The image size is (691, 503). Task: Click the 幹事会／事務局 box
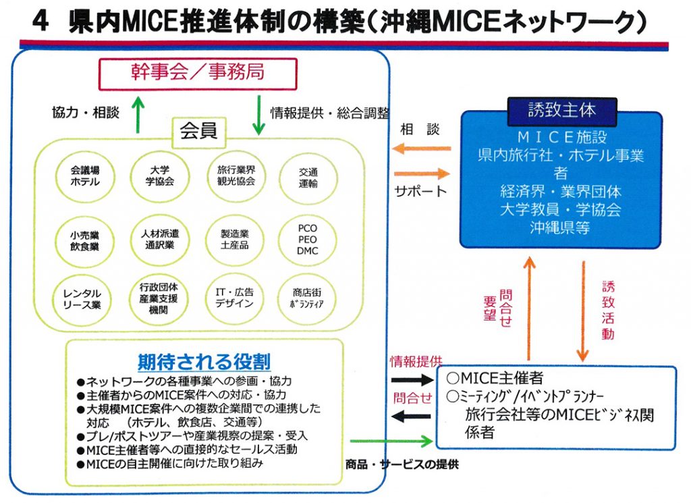coord(198,74)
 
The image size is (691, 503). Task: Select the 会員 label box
coord(198,131)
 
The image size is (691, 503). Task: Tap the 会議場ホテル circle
coord(85,177)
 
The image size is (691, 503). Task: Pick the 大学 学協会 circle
coord(160,177)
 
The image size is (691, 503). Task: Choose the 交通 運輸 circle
coord(308,178)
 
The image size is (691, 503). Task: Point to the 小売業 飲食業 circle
coord(85,240)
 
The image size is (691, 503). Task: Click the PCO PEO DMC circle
coord(308,240)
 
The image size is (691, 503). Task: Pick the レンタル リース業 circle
coord(82,299)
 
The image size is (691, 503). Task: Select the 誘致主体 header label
coord(561,109)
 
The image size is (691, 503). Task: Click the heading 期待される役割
coord(204,361)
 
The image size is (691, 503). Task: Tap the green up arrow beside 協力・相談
coord(138,113)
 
